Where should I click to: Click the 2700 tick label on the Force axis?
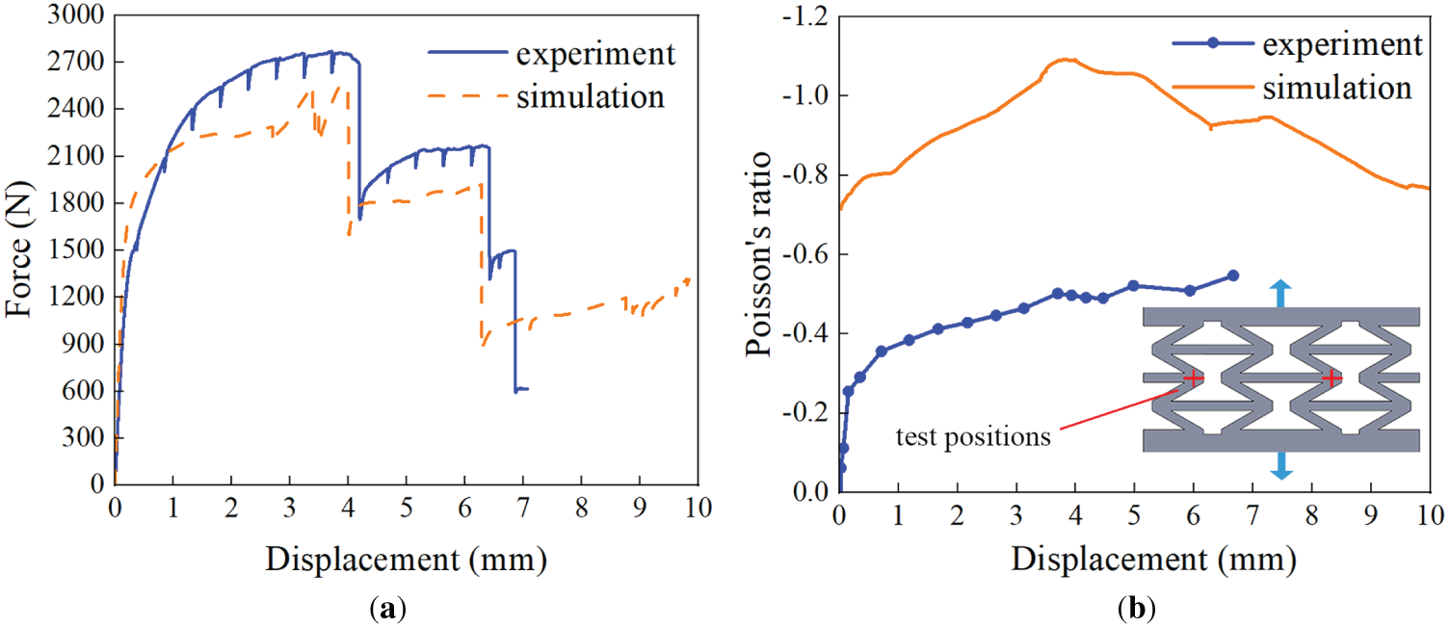[x=76, y=63]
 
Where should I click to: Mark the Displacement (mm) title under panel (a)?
[x=406, y=558]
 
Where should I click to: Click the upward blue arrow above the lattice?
[x=1280, y=292]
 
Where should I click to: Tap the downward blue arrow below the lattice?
[x=1280, y=466]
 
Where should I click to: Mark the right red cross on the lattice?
[x=1331, y=379]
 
